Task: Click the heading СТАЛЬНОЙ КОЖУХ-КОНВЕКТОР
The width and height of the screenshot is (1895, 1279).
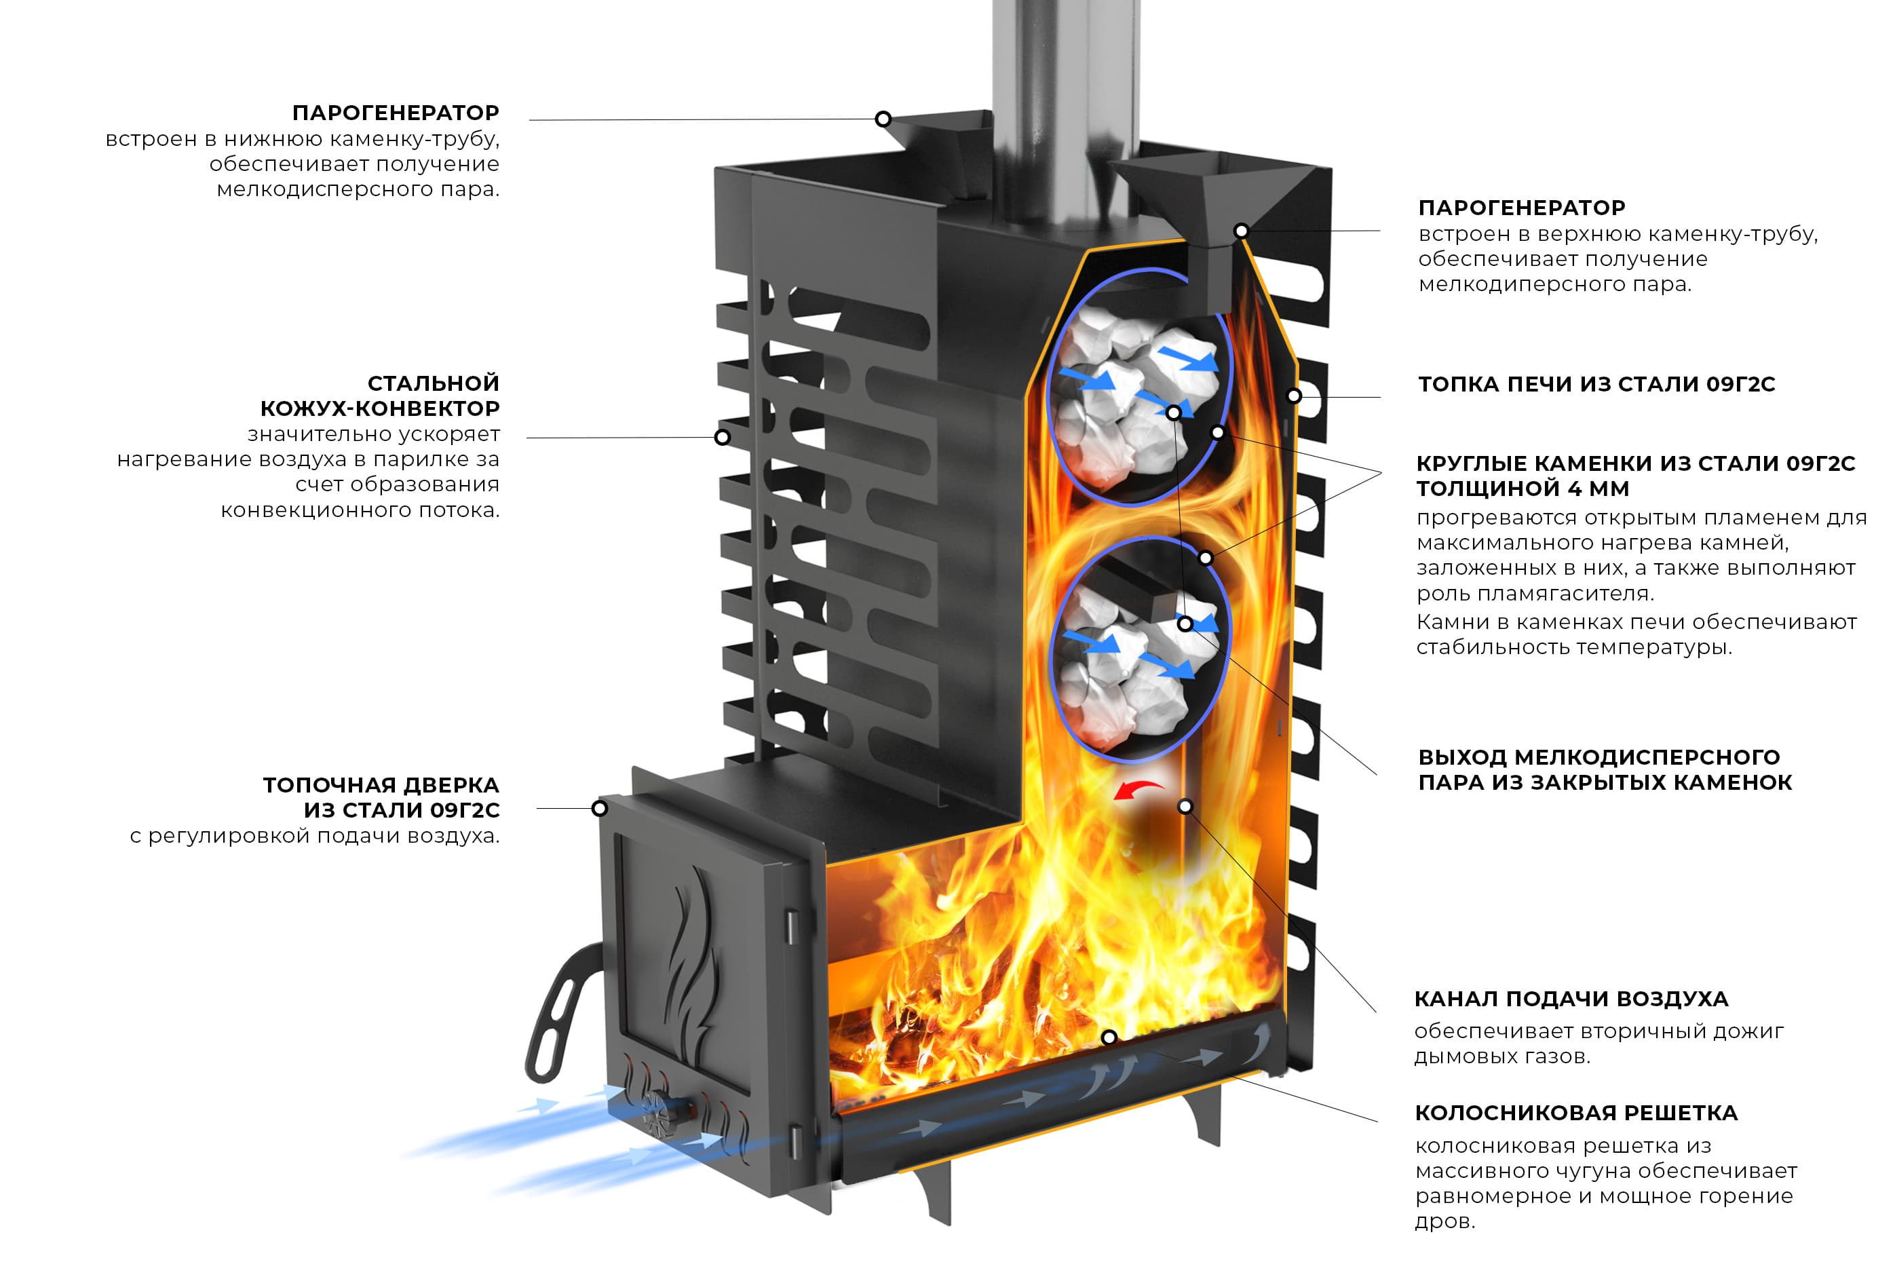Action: click(379, 396)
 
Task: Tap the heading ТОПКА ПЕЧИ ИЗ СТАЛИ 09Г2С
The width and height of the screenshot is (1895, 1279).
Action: click(1596, 384)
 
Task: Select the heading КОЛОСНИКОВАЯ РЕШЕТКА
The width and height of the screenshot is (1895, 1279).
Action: click(1575, 1113)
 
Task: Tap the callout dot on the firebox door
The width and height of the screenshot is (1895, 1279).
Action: click(599, 808)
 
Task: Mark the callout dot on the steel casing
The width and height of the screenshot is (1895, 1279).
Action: click(722, 437)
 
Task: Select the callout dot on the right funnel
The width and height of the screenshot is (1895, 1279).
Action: click(1240, 231)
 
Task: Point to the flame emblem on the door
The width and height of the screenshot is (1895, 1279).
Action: click(689, 963)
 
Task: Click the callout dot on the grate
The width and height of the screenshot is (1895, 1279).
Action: click(1109, 1037)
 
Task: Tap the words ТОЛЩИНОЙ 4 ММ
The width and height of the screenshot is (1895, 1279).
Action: click(1522, 489)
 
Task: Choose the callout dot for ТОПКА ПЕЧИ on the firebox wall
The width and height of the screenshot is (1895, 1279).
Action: click(1293, 396)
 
